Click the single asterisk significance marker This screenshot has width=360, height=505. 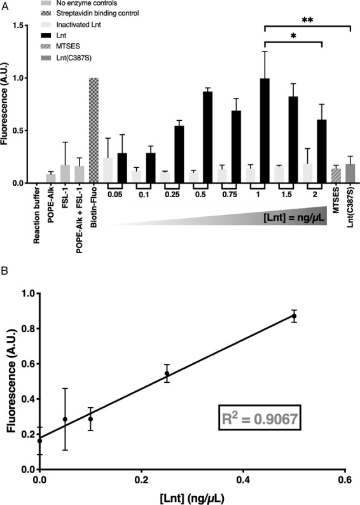[x=293, y=39]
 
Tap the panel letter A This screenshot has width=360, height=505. [x=5, y=5]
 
